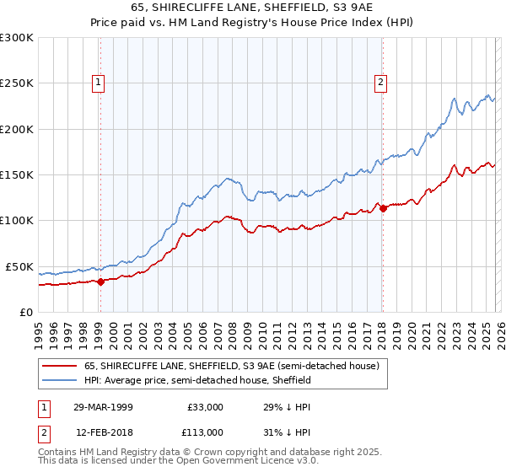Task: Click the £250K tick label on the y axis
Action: coord(17,83)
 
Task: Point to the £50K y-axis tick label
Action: coord(19,266)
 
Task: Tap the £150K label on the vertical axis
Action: coord(17,174)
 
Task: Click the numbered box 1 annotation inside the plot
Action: coord(100,83)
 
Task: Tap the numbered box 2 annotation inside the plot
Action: coord(381,83)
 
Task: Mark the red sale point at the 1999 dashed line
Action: coord(100,282)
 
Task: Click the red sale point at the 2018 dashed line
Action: coord(382,208)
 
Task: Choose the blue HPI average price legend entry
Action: coord(197,380)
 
